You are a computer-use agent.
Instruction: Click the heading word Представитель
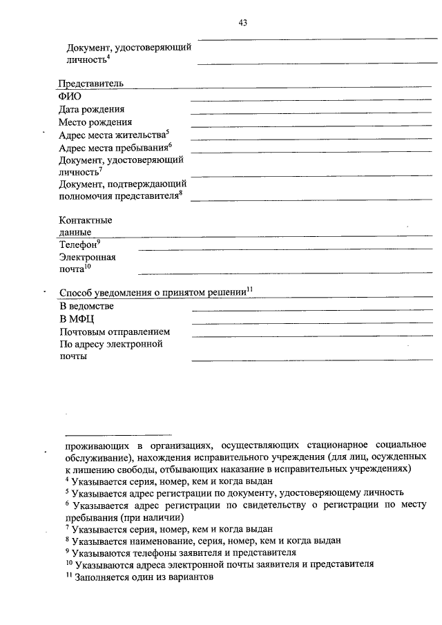pyautogui.click(x=91, y=83)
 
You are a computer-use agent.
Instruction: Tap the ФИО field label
pyautogui.click(x=70, y=96)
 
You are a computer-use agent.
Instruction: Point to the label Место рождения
pyautogui.click(x=95, y=122)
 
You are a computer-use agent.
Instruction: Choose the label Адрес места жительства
pyautogui.click(x=112, y=135)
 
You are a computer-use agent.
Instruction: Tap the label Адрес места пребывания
pyautogui.click(x=113, y=148)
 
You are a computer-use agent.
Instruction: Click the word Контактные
pyautogui.click(x=86, y=220)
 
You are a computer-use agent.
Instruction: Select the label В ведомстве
pyautogui.click(x=86, y=305)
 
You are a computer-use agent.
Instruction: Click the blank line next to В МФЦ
pyautogui.click(x=311, y=323)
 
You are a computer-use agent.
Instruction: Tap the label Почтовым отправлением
pyautogui.click(x=115, y=331)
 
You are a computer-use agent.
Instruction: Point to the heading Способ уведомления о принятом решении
pyautogui.click(x=153, y=292)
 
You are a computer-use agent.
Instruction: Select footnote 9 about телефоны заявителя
pyautogui.click(x=180, y=552)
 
